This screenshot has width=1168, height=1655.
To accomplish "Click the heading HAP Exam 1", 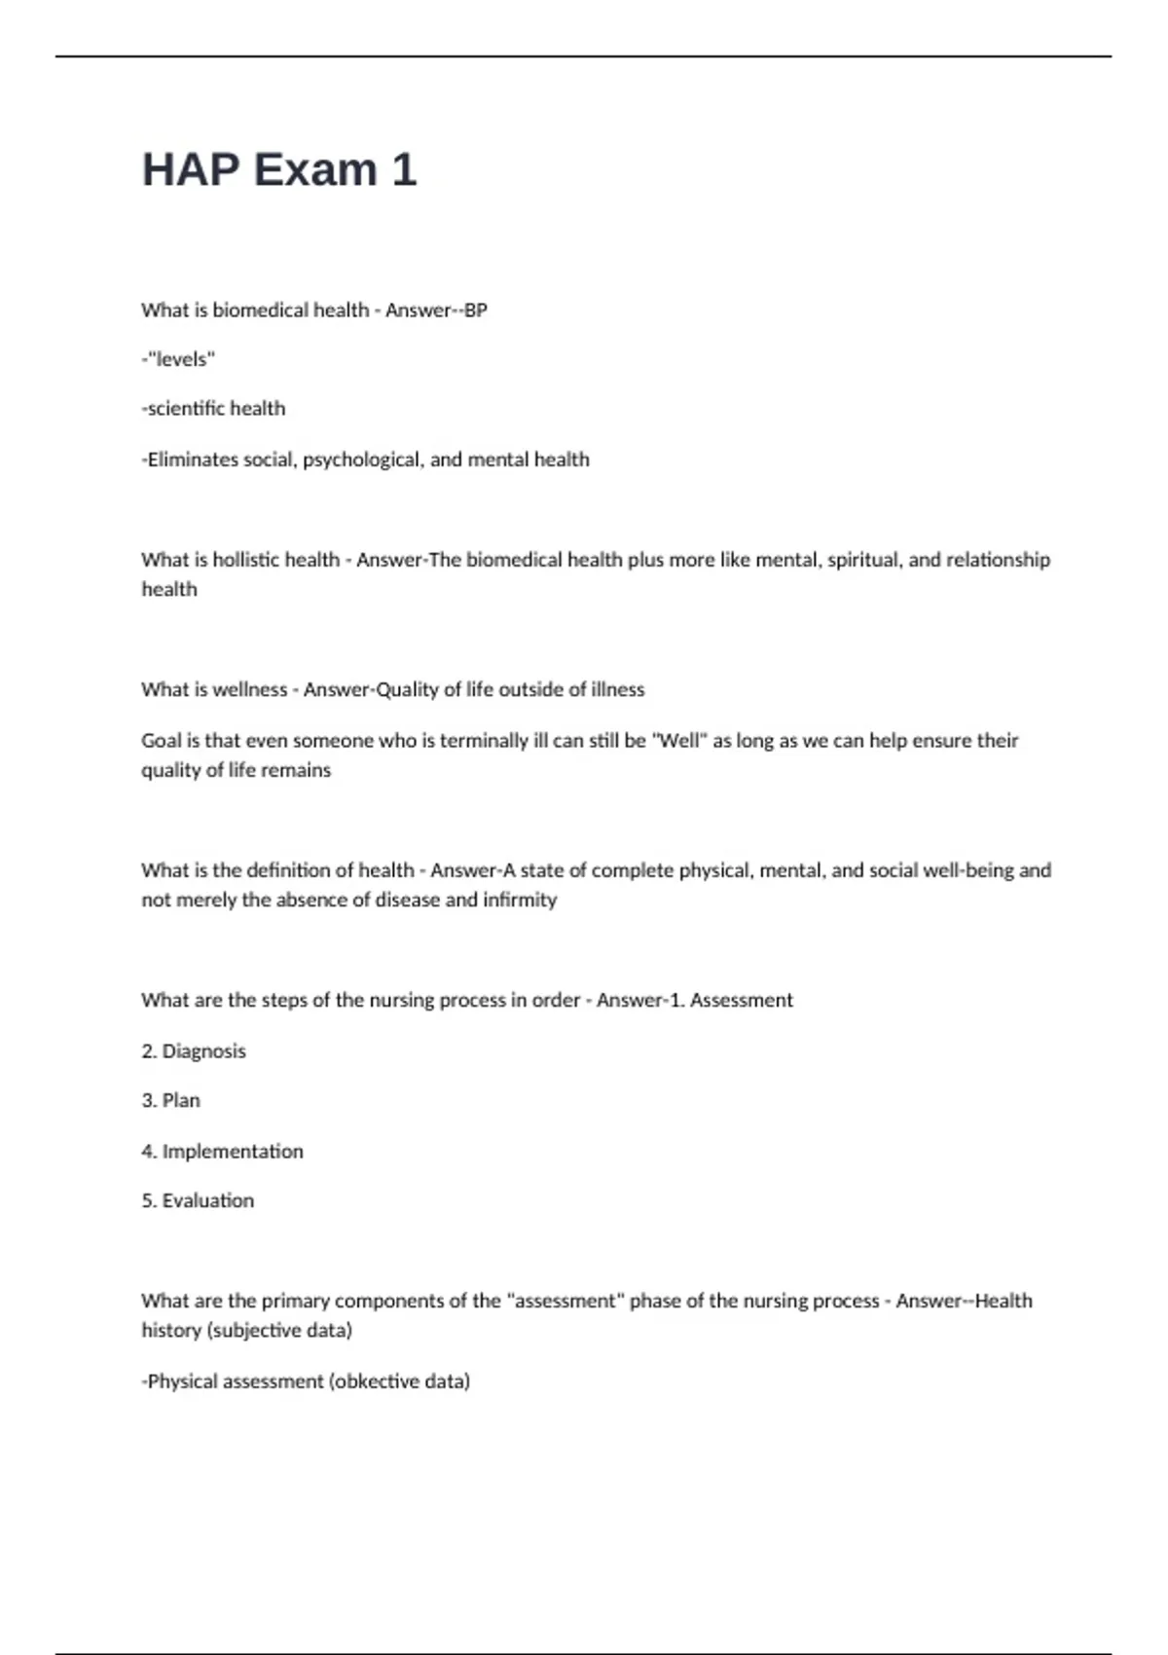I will tap(279, 169).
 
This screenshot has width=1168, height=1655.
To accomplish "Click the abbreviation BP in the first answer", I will tap(475, 311).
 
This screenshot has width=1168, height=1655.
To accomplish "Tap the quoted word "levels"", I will tap(180, 359).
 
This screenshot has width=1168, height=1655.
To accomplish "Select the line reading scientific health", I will tap(214, 409).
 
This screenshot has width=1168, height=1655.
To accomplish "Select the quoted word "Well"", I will tap(678, 741).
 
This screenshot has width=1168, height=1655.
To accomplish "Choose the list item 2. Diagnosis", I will tap(194, 1051).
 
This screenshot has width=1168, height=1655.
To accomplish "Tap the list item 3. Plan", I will tap(171, 1101).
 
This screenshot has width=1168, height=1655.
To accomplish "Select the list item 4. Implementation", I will tap(223, 1152).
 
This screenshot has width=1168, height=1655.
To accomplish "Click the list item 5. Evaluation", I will tap(198, 1201).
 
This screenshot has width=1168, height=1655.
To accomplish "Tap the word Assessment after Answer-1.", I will tap(741, 1000).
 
